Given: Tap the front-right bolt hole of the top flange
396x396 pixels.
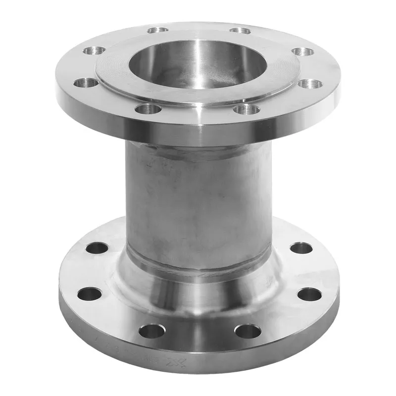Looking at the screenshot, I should point(246,108).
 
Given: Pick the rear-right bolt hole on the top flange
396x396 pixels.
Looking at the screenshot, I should point(241,31).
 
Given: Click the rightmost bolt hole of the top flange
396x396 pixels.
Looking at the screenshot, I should point(310,84).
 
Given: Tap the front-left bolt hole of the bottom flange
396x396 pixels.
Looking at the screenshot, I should point(151,331).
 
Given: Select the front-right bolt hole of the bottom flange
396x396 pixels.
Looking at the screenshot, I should point(247,331).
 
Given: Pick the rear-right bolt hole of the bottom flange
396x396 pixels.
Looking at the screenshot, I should point(301,247).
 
